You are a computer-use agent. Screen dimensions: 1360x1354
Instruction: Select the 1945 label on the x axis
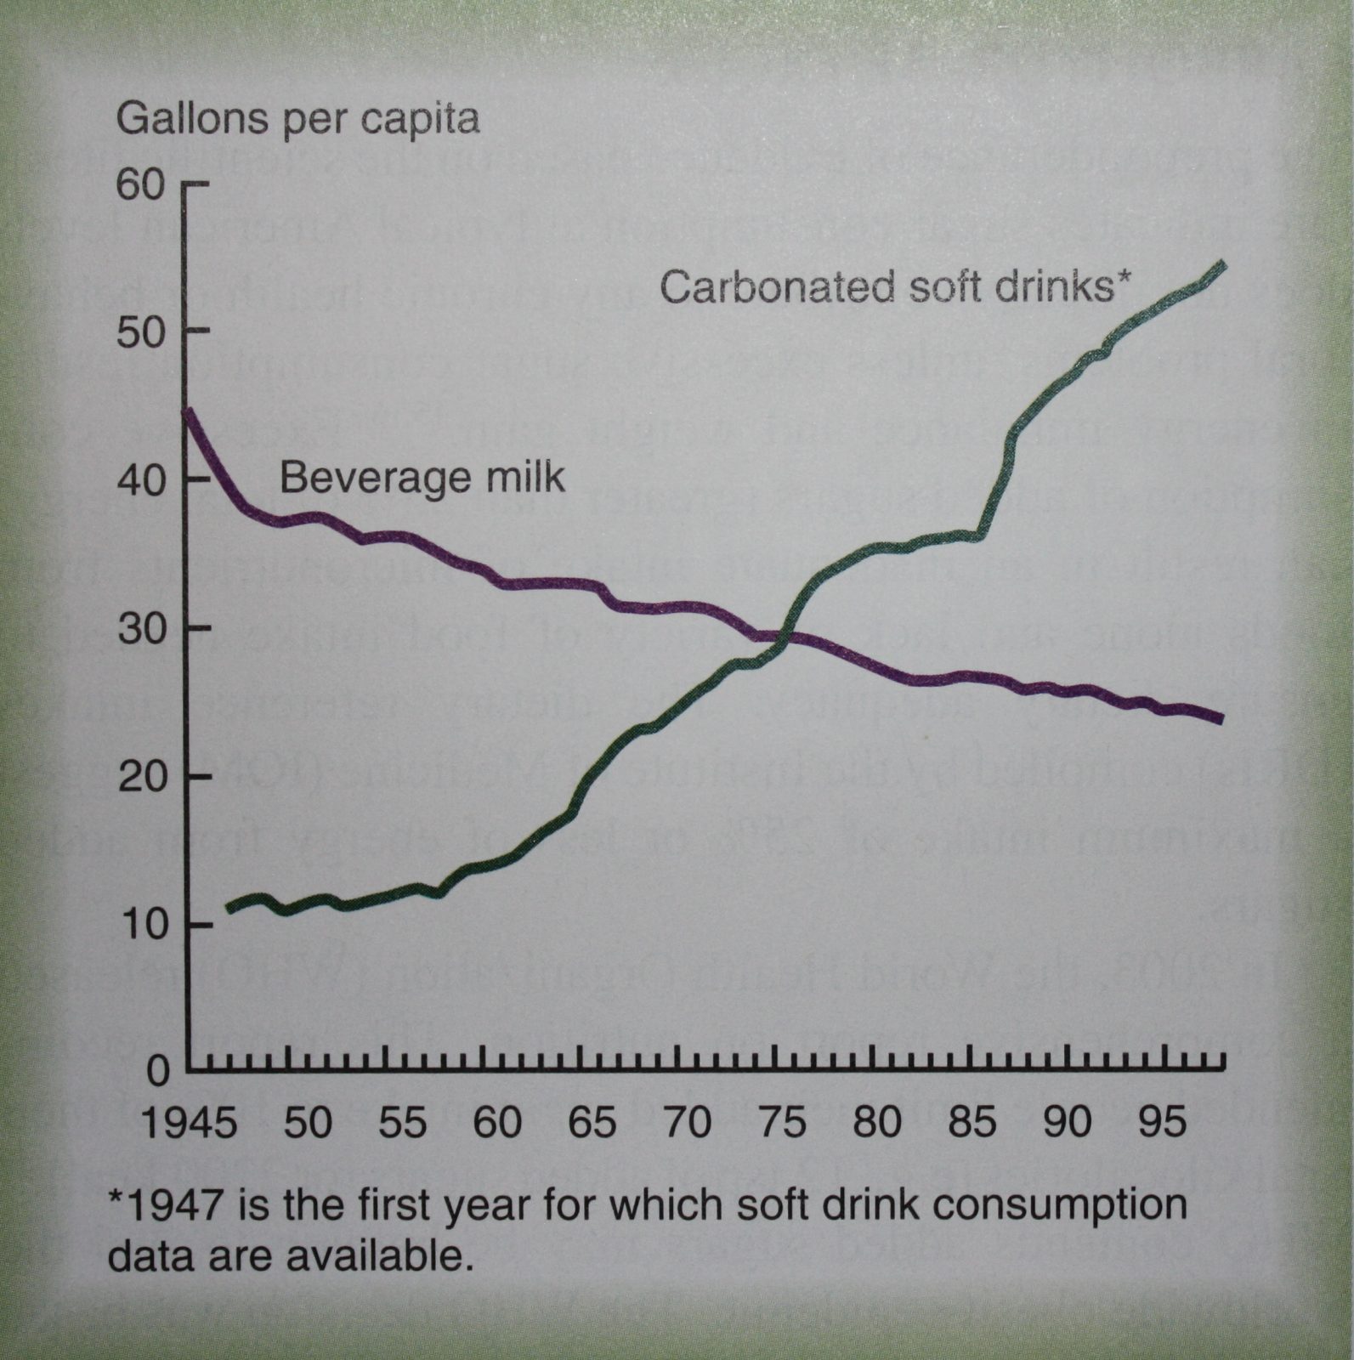tap(190, 1123)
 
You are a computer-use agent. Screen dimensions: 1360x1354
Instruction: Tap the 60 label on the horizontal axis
tap(497, 1123)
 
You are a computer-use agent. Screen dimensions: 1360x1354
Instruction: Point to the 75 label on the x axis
tap(782, 1123)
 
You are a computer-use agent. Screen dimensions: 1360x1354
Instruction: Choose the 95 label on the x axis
tap(1162, 1123)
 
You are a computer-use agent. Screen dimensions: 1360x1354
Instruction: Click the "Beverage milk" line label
tap(422, 478)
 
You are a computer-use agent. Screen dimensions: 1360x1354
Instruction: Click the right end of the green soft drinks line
tap(1222, 264)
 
